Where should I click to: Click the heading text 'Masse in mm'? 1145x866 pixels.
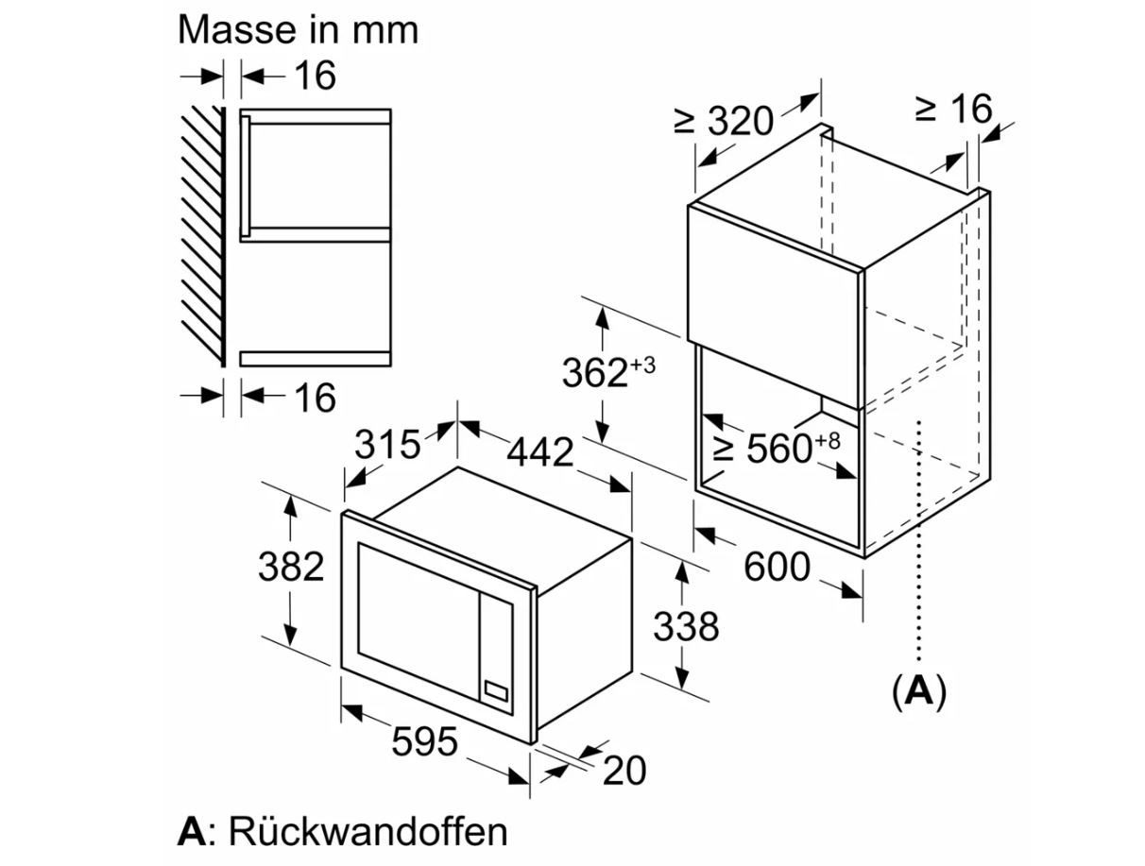[x=298, y=30]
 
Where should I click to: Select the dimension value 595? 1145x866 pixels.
[x=423, y=741]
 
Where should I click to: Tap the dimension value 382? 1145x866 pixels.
[x=291, y=566]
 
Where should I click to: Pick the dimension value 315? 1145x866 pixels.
[x=387, y=444]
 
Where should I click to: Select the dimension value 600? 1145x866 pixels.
[x=777, y=566]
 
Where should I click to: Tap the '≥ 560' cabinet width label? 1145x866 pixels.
[x=762, y=449]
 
